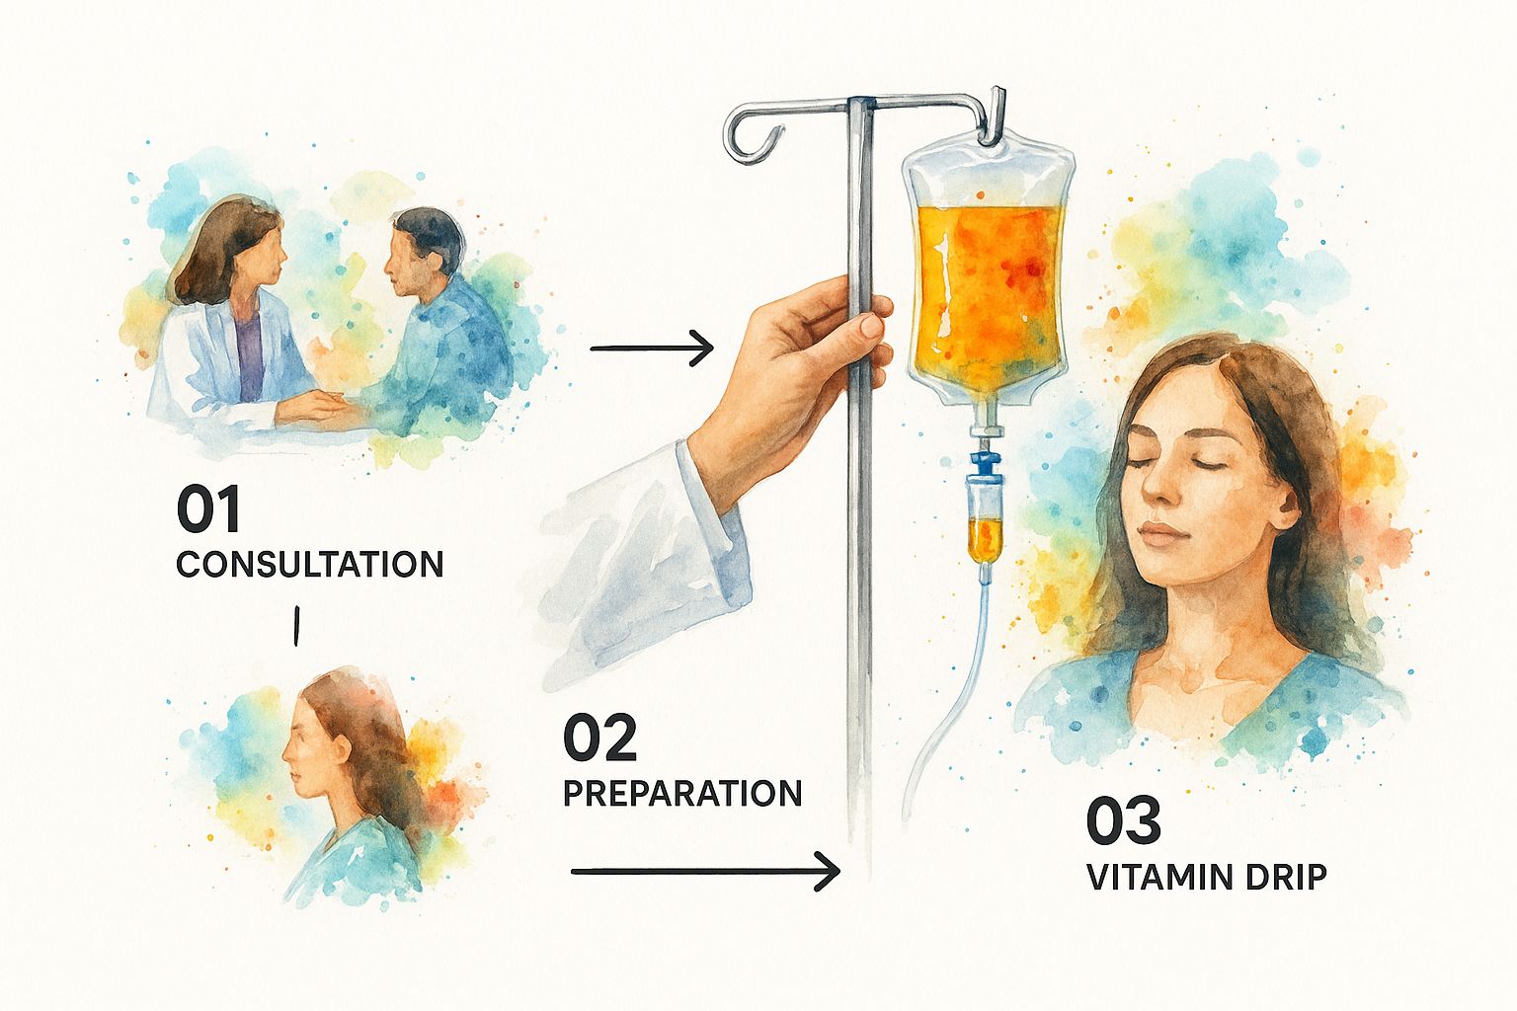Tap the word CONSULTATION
pyautogui.click(x=309, y=564)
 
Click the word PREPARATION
pyautogui.click(x=682, y=793)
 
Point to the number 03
pyautogui.click(x=1124, y=820)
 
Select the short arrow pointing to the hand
pyautogui.click(x=652, y=349)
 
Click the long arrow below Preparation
pyautogui.click(x=705, y=872)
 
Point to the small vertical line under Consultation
pyautogui.click(x=296, y=626)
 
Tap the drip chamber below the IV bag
pyautogui.click(x=985, y=521)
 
